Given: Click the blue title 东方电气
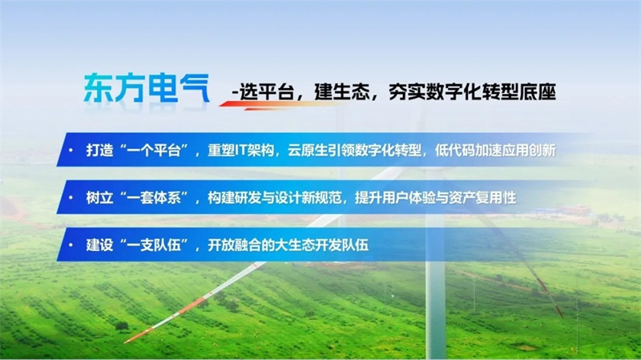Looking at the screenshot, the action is pyautogui.click(x=147, y=87).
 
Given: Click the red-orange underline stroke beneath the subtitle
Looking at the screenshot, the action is pyautogui.click(x=282, y=105).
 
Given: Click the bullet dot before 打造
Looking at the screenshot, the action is pyautogui.click(x=71, y=150).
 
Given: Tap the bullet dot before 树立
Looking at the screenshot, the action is pyautogui.click(x=71, y=198).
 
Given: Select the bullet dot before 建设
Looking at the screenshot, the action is pyautogui.click(x=71, y=245).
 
